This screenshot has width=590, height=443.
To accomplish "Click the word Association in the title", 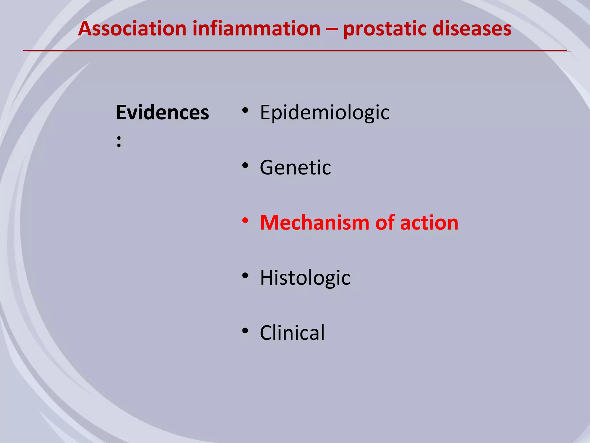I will [x=133, y=29].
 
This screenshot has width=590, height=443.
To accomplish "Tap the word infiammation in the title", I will [x=256, y=29].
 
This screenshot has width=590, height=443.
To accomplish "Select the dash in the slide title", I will [x=332, y=29].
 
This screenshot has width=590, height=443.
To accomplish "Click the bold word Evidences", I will [x=162, y=112].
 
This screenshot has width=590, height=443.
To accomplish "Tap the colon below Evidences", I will [x=119, y=142].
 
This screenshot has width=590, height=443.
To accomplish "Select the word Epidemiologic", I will [x=325, y=112].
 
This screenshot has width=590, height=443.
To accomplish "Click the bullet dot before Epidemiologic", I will [x=245, y=110].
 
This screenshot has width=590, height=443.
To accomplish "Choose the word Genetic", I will [x=295, y=167].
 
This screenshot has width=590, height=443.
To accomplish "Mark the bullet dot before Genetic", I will [x=245, y=166].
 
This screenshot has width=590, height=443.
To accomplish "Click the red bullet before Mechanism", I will [x=245, y=221].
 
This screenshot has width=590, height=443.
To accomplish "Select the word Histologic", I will [x=305, y=278].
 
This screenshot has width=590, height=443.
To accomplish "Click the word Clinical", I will [x=292, y=333].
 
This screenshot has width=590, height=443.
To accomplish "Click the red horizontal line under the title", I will [x=295, y=51].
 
